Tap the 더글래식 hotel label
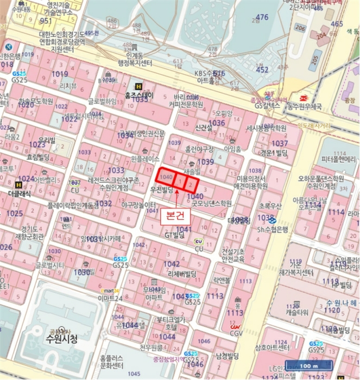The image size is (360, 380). pyautogui.click(x=20, y=193)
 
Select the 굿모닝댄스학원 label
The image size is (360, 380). pyautogui.click(x=211, y=204)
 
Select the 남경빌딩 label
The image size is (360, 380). pyautogui.click(x=227, y=356)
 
